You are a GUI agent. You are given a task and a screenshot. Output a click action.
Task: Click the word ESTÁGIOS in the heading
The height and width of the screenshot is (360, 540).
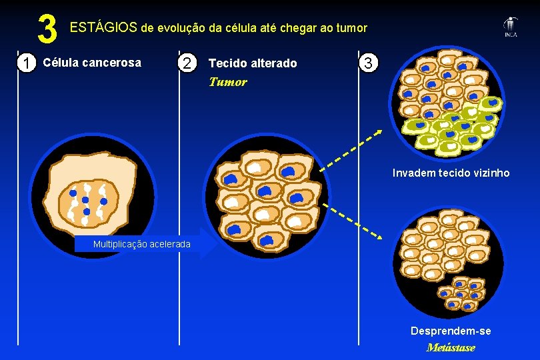pos(103,27)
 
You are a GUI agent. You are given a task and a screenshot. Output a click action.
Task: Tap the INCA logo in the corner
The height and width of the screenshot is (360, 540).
pos(511,27)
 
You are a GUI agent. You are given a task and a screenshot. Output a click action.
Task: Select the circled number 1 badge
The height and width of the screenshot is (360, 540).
pos(26,63)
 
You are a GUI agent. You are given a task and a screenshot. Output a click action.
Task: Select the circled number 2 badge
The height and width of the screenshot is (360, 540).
pos(189,63)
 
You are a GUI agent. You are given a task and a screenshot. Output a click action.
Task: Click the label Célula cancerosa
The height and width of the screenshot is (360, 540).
pos(92,63)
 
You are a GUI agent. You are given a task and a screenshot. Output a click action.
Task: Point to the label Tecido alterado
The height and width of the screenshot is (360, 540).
pos(253,63)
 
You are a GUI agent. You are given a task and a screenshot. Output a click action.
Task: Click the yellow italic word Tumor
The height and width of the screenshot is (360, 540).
pos(227,82)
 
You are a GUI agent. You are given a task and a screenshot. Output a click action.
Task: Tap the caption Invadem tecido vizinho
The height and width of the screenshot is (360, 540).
pos(451,173)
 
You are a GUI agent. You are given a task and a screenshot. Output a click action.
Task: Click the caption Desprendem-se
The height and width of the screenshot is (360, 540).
pos(451,331)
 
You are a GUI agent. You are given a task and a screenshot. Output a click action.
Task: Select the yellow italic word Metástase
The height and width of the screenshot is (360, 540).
pos(451,347)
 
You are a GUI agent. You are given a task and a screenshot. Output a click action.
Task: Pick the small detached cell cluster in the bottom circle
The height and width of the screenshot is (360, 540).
pos(461,292)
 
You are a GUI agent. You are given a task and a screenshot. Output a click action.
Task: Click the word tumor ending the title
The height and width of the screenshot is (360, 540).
pos(351,27)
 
